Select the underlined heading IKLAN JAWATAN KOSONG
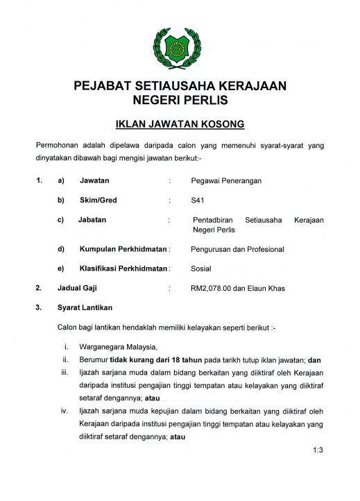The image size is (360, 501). pyautogui.click(x=180, y=126)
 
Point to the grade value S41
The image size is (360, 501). pyautogui.click(x=198, y=200)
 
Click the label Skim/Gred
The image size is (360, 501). pyautogui.click(x=98, y=200)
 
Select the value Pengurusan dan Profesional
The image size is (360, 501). pyautogui.click(x=237, y=248)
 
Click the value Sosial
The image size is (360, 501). pyautogui.click(x=201, y=268)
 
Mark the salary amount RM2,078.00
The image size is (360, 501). pyautogui.click(x=213, y=287)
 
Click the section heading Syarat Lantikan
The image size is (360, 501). pyautogui.click(x=86, y=307)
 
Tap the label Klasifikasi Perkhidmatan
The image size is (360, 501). pyautogui.click(x=123, y=268)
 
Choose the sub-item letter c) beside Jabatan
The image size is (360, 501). pyautogui.click(x=61, y=220)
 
